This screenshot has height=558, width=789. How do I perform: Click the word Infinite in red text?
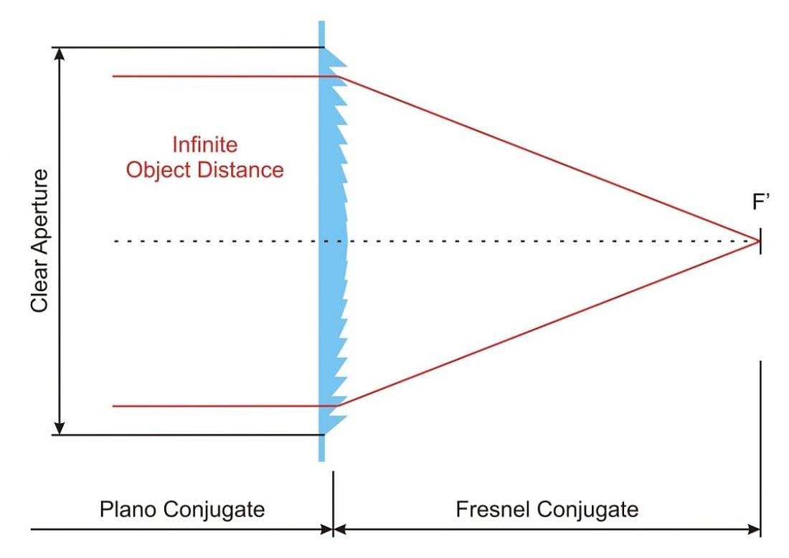[205, 145]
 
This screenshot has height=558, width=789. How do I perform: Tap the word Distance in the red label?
[240, 170]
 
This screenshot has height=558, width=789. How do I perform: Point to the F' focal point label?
[761, 202]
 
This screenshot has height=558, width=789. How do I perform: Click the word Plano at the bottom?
[128, 509]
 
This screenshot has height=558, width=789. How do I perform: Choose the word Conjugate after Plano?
[214, 510]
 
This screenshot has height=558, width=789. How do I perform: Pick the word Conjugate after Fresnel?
[587, 510]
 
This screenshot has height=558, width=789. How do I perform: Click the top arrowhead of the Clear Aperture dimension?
[60, 54]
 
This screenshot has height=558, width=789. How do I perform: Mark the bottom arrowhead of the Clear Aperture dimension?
[60, 428]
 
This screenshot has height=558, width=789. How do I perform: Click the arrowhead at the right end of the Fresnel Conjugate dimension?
[754, 529]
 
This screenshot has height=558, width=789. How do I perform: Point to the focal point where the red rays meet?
[758, 242]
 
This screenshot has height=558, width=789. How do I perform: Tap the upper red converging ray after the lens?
[548, 159]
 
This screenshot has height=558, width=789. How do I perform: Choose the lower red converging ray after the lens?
[548, 323]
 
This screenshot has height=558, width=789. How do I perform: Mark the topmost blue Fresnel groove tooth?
[335, 59]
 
